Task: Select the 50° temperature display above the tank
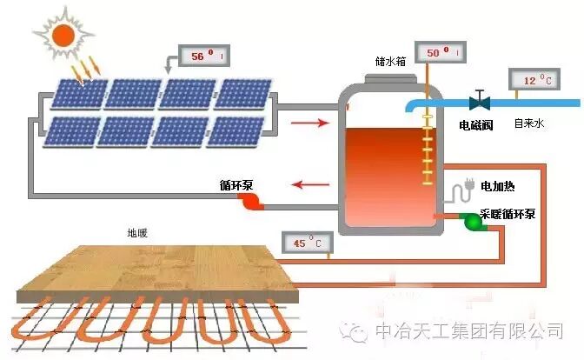click(x=442, y=53)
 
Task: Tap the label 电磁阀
click(x=476, y=125)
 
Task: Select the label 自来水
click(x=528, y=124)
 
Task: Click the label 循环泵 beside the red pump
click(x=236, y=186)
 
